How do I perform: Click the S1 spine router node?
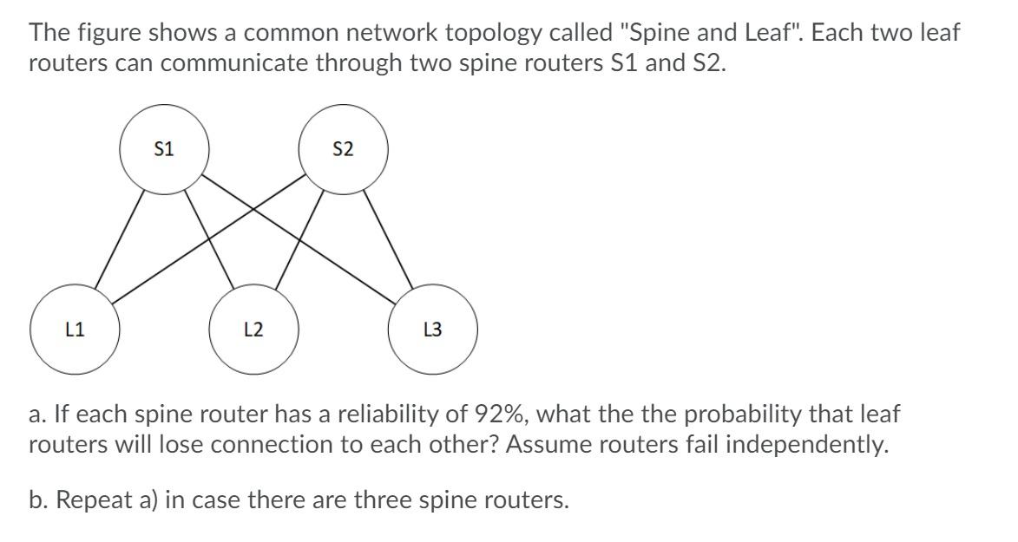coord(163,149)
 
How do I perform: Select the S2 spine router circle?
coord(343,149)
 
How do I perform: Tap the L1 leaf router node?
coord(75,330)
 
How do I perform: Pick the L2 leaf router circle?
coord(253,330)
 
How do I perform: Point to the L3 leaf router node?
coord(432,330)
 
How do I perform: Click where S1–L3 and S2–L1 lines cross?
coord(253,209)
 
